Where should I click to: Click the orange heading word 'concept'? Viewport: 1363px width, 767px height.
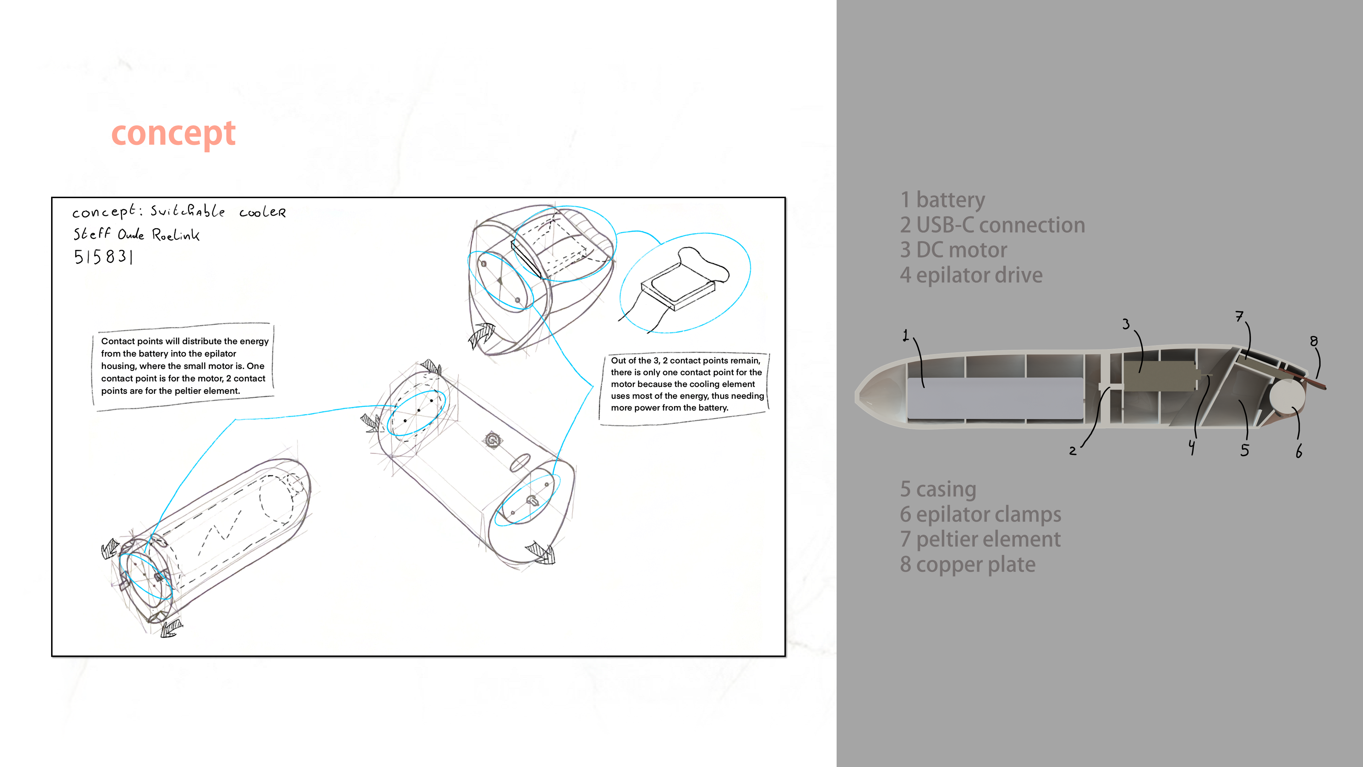click(174, 134)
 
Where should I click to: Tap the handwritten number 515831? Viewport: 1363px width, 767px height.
click(103, 257)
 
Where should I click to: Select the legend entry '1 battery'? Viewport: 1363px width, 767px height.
click(942, 200)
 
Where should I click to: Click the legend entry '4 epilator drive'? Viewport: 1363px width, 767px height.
click(971, 275)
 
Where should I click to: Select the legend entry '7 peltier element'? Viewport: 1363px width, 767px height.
click(980, 539)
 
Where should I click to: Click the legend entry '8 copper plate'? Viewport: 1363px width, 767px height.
click(968, 564)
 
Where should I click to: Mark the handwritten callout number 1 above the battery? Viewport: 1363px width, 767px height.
click(906, 335)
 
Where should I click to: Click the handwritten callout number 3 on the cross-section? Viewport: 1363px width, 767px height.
click(1126, 323)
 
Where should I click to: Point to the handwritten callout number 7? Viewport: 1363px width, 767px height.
click(1239, 316)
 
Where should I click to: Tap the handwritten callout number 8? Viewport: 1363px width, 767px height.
click(1314, 341)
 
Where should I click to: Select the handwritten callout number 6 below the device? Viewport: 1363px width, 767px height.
click(1299, 452)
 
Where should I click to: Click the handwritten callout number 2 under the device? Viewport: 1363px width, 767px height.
click(1073, 451)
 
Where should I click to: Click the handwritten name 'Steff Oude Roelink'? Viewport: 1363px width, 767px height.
click(137, 234)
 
